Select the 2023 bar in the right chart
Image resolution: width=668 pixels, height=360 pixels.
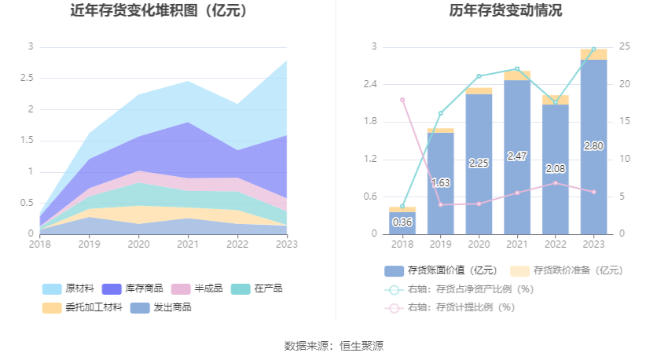593,146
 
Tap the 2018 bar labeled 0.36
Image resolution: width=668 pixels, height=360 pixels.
402,222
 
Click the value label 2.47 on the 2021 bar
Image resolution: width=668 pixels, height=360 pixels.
517,156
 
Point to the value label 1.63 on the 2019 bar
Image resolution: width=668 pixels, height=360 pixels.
441,182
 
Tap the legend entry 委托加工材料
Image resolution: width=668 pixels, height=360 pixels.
83,307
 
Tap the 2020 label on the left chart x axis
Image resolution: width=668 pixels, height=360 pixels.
138,244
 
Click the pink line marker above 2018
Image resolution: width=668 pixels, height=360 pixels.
402,100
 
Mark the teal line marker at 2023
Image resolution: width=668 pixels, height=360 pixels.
593,49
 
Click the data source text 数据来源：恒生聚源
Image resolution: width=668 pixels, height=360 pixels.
333,346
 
